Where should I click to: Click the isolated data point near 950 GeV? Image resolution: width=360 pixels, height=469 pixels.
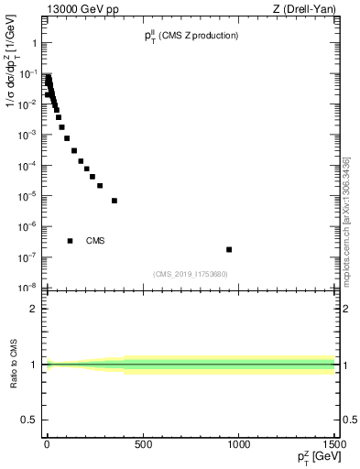tap(229, 249)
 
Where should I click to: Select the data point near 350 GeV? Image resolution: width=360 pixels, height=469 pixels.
tap(115, 201)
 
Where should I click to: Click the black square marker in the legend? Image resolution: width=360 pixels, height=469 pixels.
tap(70, 241)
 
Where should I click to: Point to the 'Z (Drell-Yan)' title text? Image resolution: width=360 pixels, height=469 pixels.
tap(308, 8)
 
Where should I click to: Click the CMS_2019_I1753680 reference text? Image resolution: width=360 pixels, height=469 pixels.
tap(191, 274)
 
